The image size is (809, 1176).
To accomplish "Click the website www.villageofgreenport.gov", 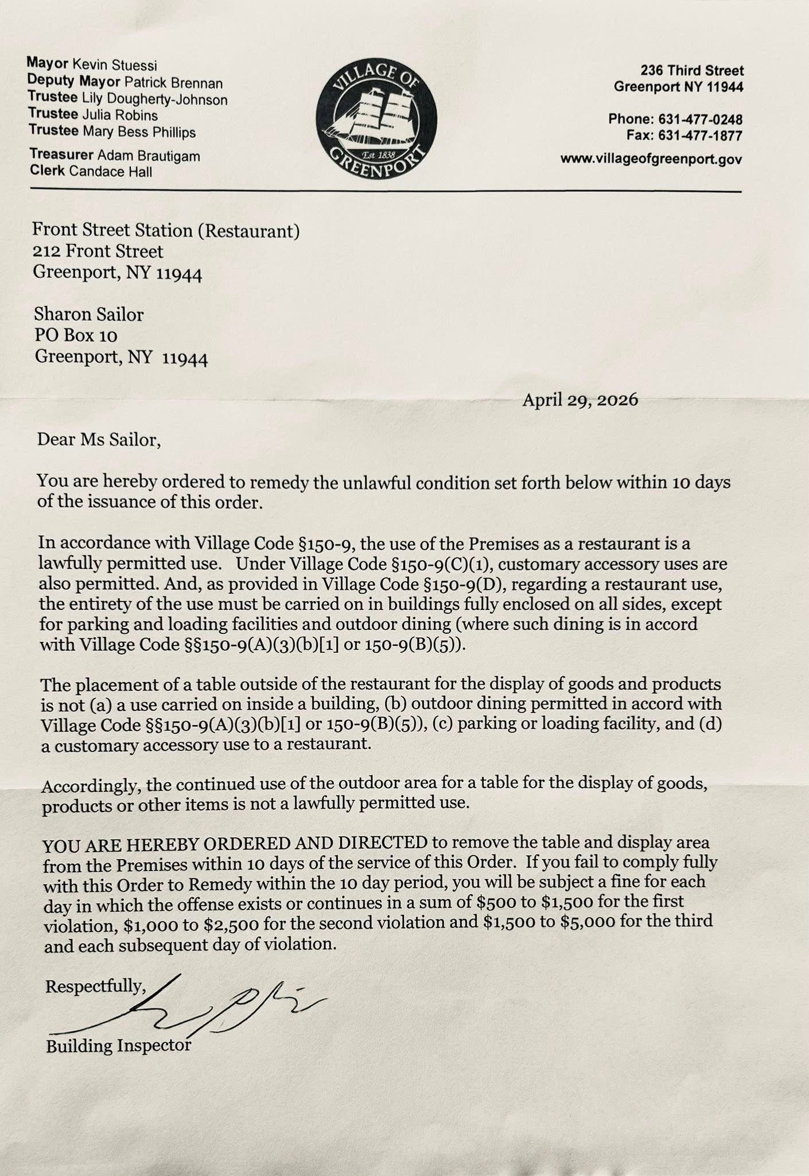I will [651, 159].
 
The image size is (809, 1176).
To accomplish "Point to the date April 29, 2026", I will [579, 400].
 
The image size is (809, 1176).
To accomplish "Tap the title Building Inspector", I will [118, 1046].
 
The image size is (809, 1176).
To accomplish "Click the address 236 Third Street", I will [692, 71].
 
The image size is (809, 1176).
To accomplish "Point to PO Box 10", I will [76, 335].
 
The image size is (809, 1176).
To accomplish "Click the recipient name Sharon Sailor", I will [88, 314].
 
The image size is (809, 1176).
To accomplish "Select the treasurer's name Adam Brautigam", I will [149, 155].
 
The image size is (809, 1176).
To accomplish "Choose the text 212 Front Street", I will [98, 251].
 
